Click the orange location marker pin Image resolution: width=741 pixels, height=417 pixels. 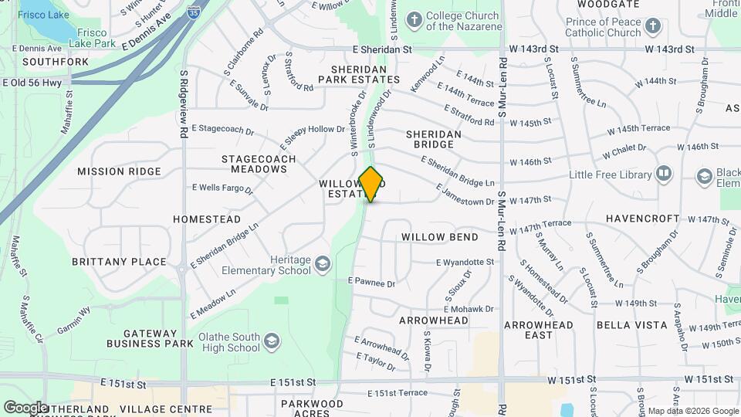(371, 184)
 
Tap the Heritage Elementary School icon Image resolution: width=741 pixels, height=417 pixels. (322, 265)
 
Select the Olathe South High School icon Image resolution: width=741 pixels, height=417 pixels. (271, 341)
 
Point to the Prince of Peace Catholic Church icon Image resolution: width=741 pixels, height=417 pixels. (653, 26)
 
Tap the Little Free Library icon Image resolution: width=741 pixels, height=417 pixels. (664, 175)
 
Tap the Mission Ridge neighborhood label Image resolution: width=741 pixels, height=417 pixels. (119, 171)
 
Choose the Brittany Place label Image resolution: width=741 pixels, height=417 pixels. (119, 262)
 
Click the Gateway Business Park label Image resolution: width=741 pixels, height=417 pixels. (149, 338)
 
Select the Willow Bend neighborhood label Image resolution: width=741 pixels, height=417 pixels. (439, 237)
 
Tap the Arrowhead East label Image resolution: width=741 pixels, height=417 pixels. (539, 330)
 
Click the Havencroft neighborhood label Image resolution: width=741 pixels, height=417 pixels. (641, 219)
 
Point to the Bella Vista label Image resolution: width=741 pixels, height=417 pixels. (631, 325)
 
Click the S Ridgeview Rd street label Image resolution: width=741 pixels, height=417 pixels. (184, 104)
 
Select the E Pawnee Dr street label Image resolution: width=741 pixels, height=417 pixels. (371, 283)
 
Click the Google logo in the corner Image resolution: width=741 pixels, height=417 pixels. (25, 407)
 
